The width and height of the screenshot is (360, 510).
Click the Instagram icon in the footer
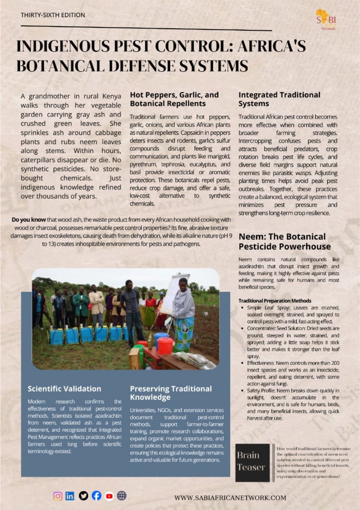coord(58,496)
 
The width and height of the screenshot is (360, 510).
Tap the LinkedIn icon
coord(70,496)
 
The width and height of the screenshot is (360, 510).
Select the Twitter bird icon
coord(83,496)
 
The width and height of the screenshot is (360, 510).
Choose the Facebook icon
coord(96,496)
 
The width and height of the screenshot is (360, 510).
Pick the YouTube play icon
coord(109,496)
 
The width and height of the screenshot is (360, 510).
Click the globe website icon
coord(122,496)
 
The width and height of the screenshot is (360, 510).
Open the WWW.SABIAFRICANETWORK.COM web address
coord(230,498)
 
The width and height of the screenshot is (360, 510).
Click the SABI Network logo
coord(325,19)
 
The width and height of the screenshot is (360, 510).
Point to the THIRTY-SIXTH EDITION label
coord(53,15)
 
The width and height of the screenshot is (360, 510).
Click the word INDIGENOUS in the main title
coord(64,47)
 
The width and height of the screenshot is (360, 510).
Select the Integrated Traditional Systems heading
coord(279,99)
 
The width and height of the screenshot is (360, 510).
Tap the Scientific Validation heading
coord(65,388)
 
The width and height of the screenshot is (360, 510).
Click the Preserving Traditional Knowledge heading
coord(171,393)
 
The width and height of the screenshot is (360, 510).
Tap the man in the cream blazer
coord(96,303)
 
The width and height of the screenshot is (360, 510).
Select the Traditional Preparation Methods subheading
coord(275,300)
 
